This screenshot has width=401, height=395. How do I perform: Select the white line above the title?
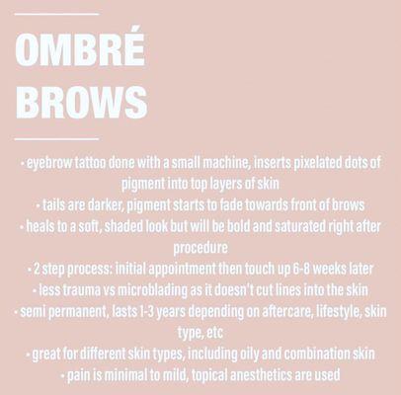(57, 14)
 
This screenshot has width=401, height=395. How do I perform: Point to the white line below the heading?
(57, 139)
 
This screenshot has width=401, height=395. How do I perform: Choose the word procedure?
(200, 246)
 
